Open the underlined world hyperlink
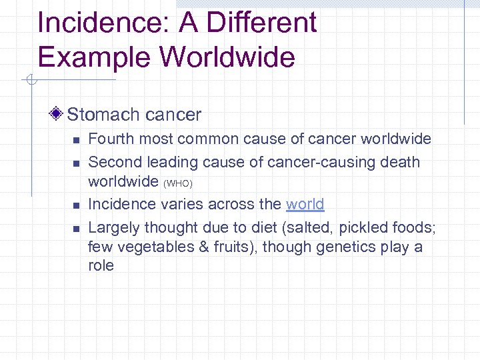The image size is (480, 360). coord(305,204)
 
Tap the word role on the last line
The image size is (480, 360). coord(101,265)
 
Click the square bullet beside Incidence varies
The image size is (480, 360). coord(76,205)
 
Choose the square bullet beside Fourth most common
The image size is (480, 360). coord(76,140)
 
